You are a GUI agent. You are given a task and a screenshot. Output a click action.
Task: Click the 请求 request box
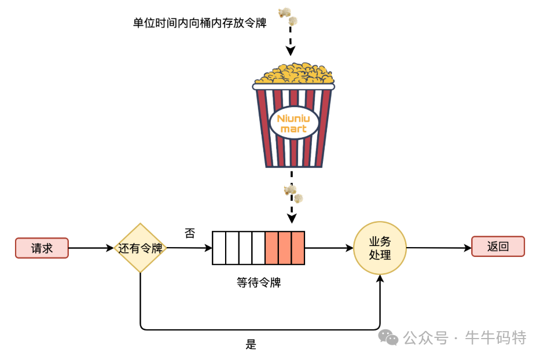pyautogui.click(x=42, y=248)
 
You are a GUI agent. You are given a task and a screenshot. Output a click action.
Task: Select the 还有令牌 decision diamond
pyautogui.click(x=140, y=248)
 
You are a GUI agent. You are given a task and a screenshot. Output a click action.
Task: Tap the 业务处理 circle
pyautogui.click(x=380, y=248)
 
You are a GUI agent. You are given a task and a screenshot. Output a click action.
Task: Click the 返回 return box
pyautogui.click(x=498, y=246)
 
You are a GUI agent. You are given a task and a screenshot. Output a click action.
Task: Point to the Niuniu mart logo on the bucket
pyautogui.click(x=293, y=123)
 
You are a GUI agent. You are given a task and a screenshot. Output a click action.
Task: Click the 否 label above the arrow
pyautogui.click(x=190, y=233)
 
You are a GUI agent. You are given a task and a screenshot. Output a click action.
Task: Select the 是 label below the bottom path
pyautogui.click(x=251, y=344)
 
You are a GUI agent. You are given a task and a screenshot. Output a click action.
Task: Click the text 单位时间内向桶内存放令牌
pyautogui.click(x=199, y=23)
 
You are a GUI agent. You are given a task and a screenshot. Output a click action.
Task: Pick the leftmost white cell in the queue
pyautogui.click(x=218, y=248)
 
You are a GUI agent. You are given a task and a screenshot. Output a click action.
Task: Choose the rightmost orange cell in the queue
pyautogui.click(x=298, y=248)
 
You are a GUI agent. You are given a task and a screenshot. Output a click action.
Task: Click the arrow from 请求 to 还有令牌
pyautogui.click(x=91, y=248)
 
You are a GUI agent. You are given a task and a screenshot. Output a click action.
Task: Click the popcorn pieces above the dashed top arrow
pyautogui.click(x=288, y=16)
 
